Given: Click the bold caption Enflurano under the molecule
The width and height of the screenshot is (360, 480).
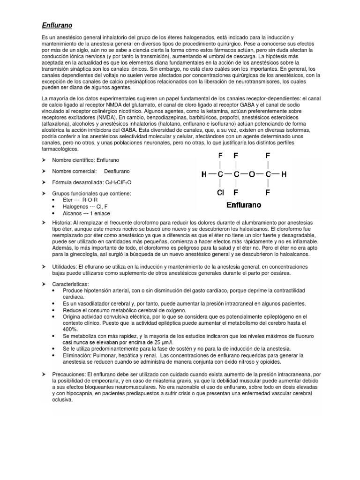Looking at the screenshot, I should click(x=244, y=205).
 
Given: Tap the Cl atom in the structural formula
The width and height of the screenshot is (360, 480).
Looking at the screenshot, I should click(x=221, y=192).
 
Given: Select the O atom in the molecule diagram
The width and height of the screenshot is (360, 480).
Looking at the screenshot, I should click(x=252, y=174).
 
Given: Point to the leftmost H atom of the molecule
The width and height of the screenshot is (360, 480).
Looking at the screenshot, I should click(x=204, y=174).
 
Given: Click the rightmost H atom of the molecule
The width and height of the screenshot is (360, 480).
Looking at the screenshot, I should click(x=283, y=174).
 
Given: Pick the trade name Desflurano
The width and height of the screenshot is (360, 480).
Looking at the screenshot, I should click(x=117, y=171).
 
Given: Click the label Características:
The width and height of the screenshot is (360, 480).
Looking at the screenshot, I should click(x=70, y=284).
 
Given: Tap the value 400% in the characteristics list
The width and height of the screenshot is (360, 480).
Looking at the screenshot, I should click(x=70, y=330).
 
